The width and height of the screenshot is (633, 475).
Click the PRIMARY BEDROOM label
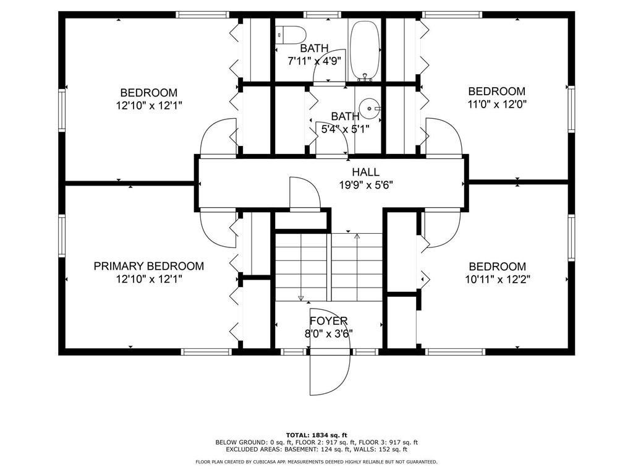[x=148, y=266]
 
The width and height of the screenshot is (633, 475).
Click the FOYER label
[x=329, y=321]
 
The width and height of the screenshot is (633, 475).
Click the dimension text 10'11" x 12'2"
[x=498, y=278]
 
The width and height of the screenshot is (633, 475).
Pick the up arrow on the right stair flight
[x=357, y=236]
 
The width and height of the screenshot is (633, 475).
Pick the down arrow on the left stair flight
[x=301, y=297]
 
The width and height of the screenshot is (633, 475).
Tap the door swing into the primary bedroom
[x=216, y=229]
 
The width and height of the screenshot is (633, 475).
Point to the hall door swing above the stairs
[x=304, y=194]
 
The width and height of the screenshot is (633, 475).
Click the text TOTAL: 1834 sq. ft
[x=316, y=434]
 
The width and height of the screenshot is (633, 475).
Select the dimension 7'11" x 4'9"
[x=315, y=61]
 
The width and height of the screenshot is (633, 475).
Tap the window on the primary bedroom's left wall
[x=62, y=235]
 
